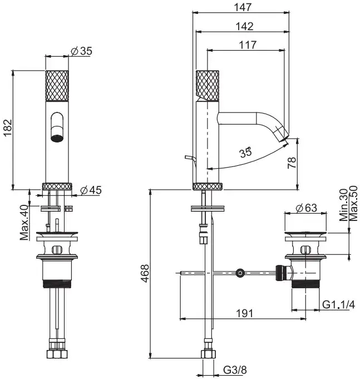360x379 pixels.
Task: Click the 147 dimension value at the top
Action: tap(243, 7)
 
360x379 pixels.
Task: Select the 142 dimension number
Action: tap(244, 26)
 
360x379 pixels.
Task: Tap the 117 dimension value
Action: tap(248, 45)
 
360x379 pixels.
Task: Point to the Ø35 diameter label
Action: tap(81, 51)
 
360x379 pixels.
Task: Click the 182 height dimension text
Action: tap(7, 127)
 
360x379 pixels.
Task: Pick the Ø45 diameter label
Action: tap(91, 190)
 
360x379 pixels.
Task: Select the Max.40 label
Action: tap(24, 223)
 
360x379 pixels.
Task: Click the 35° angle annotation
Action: tap(245, 152)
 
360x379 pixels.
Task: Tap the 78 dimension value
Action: tap(292, 163)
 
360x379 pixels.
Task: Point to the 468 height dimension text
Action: tap(145, 273)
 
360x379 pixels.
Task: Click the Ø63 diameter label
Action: tap(306, 208)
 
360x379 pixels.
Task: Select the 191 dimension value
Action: tap(244, 313)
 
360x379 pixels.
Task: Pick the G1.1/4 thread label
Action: tap(338, 304)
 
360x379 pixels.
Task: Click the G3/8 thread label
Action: tap(235, 370)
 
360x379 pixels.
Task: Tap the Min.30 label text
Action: tap(343, 205)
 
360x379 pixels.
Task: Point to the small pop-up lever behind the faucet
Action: tap(190, 160)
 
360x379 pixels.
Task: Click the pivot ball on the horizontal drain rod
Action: tap(240, 273)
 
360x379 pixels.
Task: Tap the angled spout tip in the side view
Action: tap(282, 134)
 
